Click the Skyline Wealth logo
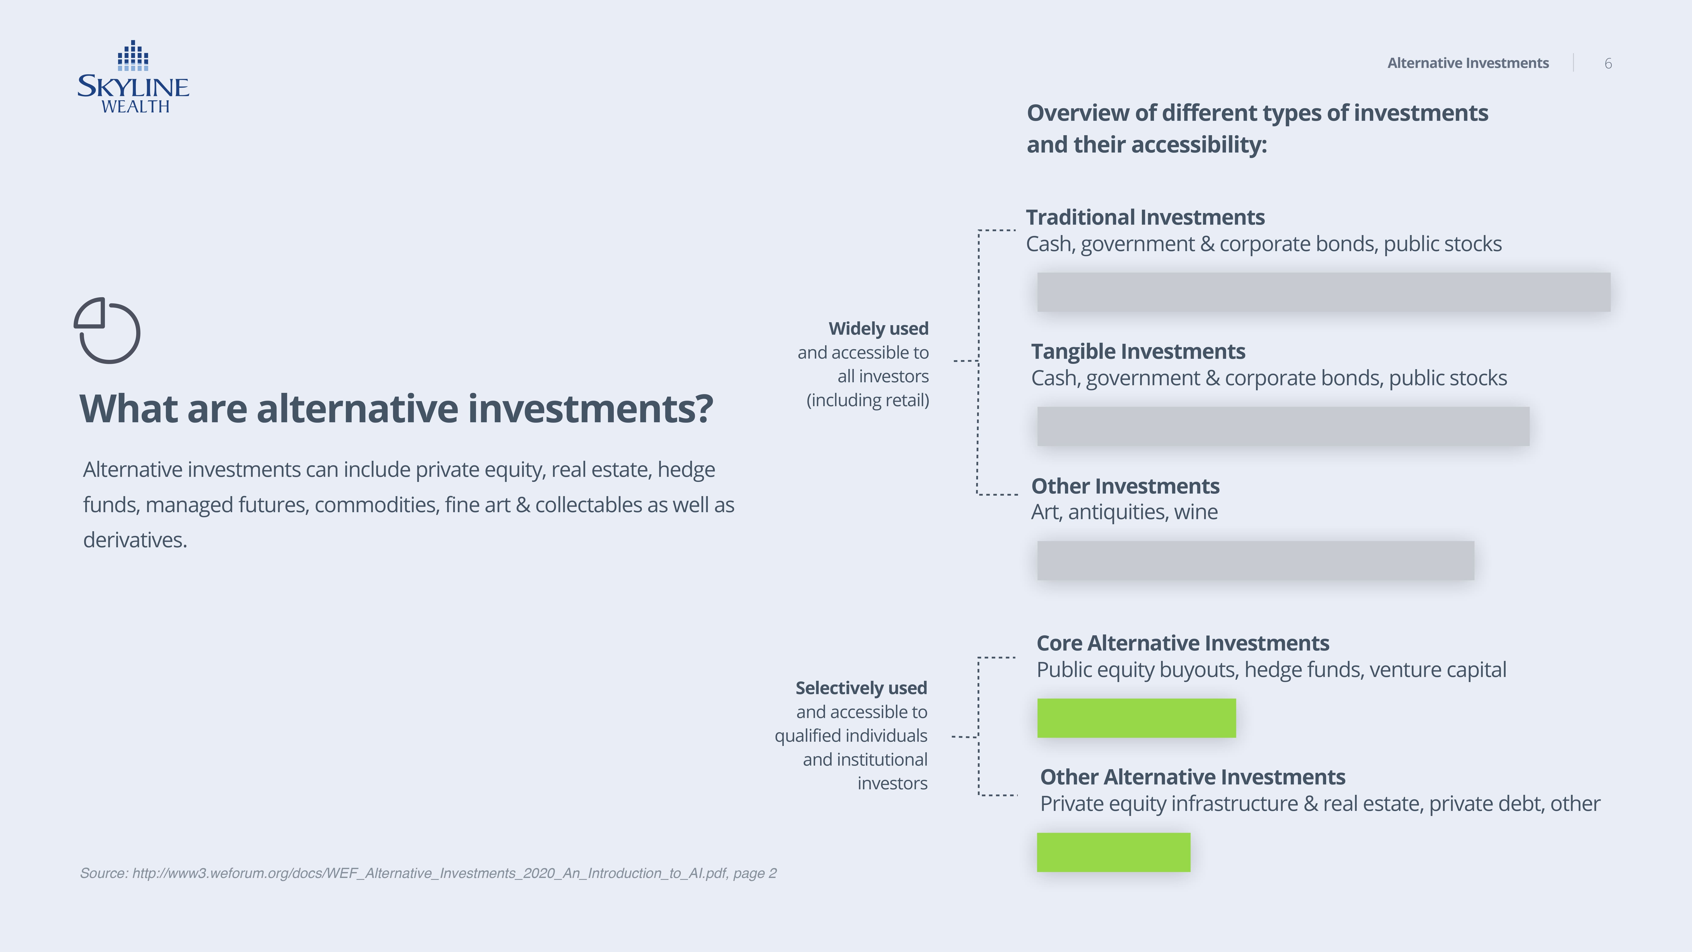coord(133,77)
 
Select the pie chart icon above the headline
coord(107,330)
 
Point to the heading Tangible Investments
coord(1138,351)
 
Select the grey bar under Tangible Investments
coord(1283,426)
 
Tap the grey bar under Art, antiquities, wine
coord(1255,560)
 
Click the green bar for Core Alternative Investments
coord(1136,718)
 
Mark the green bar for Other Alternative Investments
coord(1113,852)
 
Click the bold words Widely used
coord(878,329)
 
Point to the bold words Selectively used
coord(861,688)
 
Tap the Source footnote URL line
coord(428,873)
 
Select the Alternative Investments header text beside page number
coord(1468,63)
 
